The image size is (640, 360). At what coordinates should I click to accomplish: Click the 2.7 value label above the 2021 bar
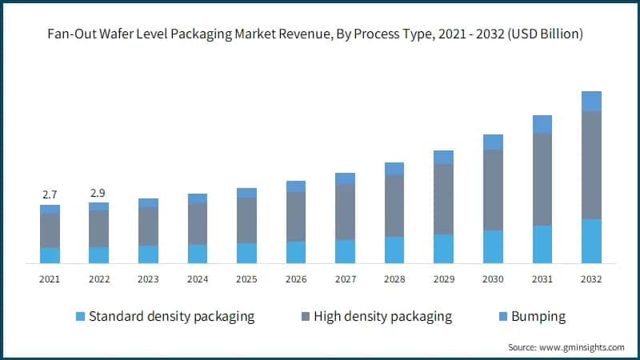point(50,195)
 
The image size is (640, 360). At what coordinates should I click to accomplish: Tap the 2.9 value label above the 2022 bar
point(99,193)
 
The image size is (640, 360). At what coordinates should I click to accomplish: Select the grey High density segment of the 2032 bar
point(591,165)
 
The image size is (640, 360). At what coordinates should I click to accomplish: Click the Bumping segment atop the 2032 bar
point(591,101)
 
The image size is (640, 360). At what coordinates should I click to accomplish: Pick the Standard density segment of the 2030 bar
point(493,246)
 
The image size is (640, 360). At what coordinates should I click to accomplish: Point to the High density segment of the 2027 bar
point(345,212)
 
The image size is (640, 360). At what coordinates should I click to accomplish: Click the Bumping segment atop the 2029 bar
point(443,158)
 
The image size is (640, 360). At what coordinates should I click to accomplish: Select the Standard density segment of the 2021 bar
point(50,255)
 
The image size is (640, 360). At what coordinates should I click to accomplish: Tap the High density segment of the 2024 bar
point(198,224)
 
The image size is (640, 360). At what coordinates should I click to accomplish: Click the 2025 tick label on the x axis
point(246,279)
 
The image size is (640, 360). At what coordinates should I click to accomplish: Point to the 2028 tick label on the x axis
point(394,279)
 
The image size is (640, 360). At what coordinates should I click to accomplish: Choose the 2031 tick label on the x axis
point(542,279)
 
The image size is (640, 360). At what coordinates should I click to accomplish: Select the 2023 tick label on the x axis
point(148,279)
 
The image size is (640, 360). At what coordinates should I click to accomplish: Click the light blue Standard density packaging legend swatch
point(80,317)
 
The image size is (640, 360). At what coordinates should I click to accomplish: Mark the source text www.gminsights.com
point(582,347)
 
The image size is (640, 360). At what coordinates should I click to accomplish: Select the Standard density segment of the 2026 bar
point(296,252)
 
